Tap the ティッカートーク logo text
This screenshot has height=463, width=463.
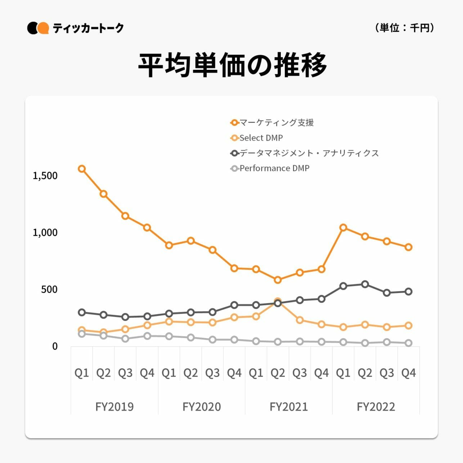coord(88,28)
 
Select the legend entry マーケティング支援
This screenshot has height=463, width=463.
coord(276,123)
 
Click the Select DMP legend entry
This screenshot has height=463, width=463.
coord(261,138)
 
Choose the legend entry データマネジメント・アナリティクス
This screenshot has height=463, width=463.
coord(309,153)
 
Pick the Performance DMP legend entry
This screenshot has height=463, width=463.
coord(274,168)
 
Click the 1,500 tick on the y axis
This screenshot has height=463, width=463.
coord(45,176)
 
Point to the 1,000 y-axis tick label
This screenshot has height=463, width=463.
coord(45,233)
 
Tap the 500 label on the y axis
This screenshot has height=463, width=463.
coord(49,289)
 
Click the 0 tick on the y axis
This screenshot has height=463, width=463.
coord(55,346)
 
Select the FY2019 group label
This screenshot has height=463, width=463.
coord(114,407)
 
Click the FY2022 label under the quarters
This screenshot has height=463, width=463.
coord(376,407)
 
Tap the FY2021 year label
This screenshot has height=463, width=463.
coord(289,407)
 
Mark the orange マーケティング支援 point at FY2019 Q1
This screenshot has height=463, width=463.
coord(82,169)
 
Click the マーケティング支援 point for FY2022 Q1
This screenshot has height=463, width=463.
coord(343,228)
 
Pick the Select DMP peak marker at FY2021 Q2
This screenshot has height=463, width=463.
coord(278,301)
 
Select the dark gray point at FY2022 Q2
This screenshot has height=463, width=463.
coord(365,284)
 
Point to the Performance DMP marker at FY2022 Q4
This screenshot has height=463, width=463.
coord(409,343)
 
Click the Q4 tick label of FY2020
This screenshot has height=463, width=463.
coord(234,373)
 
